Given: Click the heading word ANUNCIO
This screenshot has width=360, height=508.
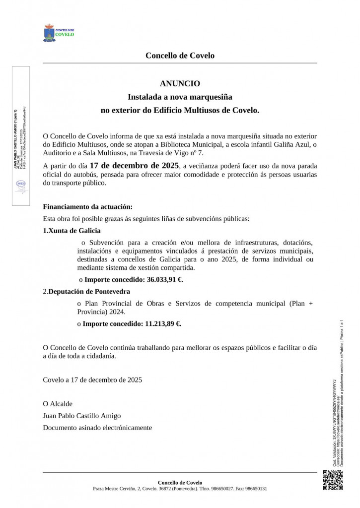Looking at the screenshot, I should (x=180, y=84).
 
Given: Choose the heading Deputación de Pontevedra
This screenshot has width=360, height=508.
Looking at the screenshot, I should (x=89, y=291).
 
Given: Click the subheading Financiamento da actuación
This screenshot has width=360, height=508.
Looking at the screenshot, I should (x=88, y=206).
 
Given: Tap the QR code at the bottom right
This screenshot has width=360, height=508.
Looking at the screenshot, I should (x=332, y=480).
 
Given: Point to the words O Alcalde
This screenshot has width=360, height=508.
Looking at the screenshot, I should (x=58, y=404).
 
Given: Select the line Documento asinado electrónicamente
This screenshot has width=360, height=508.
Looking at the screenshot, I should (x=97, y=428).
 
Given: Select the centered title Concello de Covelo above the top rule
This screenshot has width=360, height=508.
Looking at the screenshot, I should (x=180, y=56).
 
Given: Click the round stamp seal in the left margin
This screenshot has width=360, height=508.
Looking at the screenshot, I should (x=20, y=184).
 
